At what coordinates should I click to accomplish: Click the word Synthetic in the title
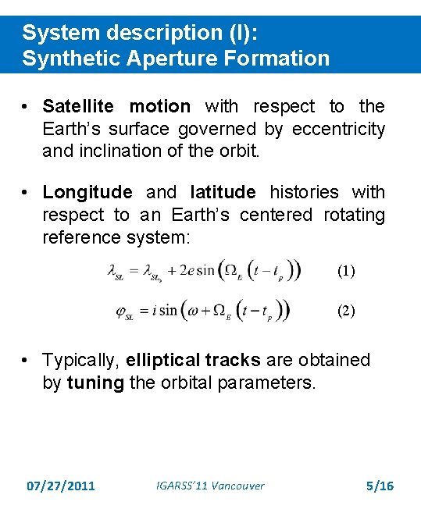[x=69, y=59]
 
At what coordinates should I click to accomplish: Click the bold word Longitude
[x=87, y=192]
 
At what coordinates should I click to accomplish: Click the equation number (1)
[x=345, y=272]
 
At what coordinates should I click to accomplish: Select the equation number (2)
[x=345, y=310]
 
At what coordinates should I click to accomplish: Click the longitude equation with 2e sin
[x=204, y=272]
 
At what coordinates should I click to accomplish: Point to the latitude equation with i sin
[x=202, y=311]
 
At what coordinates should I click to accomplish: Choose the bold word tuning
[x=95, y=383]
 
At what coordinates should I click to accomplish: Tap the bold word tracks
[x=234, y=360]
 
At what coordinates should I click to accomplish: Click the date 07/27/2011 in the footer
[x=60, y=486]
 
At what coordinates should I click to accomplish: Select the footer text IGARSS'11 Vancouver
[x=210, y=486]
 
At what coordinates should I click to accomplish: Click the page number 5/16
[x=380, y=486]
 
